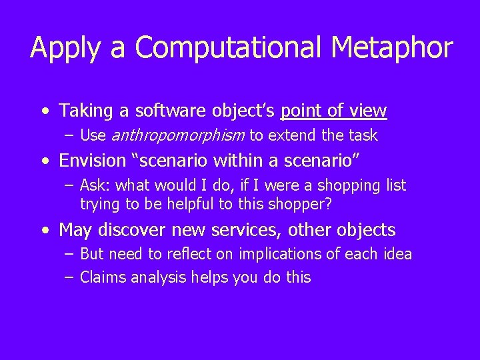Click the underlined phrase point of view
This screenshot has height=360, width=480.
tap(334, 110)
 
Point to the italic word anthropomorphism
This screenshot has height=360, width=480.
tap(177, 136)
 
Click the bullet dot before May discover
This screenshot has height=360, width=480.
tap(43, 231)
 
